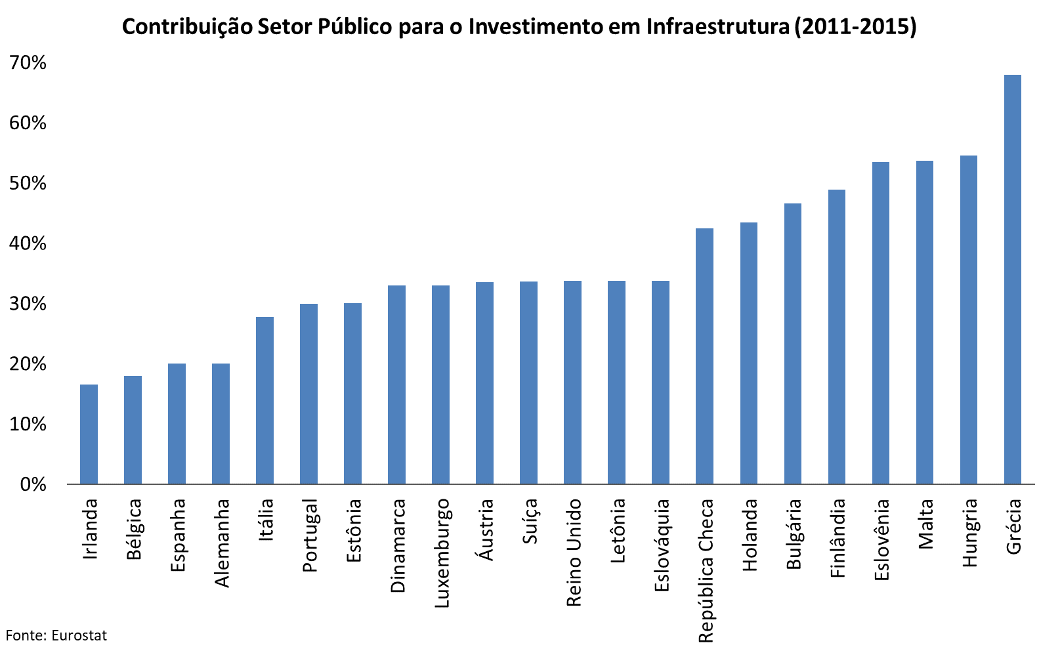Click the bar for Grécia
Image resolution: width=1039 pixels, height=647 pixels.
click(x=1013, y=280)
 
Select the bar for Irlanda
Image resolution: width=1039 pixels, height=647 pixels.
click(x=89, y=434)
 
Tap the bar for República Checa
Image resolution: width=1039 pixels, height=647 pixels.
click(x=704, y=356)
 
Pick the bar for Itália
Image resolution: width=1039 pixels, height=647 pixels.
click(x=265, y=400)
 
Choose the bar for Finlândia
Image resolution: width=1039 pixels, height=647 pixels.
click(x=837, y=337)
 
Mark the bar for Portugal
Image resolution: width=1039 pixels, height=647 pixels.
click(x=308, y=394)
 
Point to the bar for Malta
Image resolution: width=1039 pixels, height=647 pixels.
click(x=925, y=322)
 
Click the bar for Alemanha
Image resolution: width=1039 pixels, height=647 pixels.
click(x=221, y=424)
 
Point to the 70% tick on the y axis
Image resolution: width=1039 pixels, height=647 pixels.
click(x=28, y=63)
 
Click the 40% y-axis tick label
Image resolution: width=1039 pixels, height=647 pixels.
click(x=28, y=244)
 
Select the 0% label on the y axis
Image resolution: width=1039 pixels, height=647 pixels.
click(x=33, y=485)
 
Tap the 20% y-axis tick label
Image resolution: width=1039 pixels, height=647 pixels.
click(x=28, y=364)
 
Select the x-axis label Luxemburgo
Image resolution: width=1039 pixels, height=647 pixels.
click(x=442, y=553)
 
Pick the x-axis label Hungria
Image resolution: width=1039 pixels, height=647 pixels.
click(x=969, y=533)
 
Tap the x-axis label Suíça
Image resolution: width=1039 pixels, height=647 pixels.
click(x=530, y=521)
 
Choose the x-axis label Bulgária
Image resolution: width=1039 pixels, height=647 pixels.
click(x=794, y=534)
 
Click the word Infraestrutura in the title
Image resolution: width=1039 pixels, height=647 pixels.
click(x=718, y=27)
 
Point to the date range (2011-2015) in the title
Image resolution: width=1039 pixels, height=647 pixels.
click(x=855, y=27)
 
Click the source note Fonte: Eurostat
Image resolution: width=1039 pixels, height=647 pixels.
click(x=56, y=635)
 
